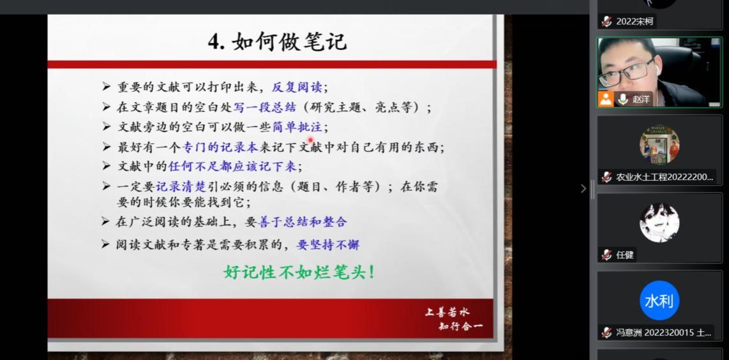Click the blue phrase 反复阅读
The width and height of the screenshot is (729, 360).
(x=299, y=87)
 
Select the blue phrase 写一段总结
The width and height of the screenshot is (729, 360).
(x=264, y=107)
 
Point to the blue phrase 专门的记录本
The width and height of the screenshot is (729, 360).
(x=220, y=147)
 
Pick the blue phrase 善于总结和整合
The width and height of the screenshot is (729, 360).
(x=302, y=222)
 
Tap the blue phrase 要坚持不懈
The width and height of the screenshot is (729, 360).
(x=327, y=244)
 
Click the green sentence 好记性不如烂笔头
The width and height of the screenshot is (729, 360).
(x=299, y=272)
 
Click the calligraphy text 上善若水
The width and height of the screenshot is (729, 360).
(x=447, y=312)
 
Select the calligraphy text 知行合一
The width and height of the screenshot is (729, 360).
(x=460, y=326)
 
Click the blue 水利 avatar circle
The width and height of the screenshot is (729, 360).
(x=659, y=301)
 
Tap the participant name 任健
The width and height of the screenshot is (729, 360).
(x=625, y=255)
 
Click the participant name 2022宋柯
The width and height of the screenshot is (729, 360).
(x=635, y=22)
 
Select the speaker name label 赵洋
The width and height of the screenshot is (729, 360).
(x=641, y=99)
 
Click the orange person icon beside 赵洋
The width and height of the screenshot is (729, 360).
(x=606, y=99)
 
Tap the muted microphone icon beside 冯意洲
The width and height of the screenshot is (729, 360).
(x=606, y=333)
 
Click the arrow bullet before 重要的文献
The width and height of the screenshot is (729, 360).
(x=106, y=87)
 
